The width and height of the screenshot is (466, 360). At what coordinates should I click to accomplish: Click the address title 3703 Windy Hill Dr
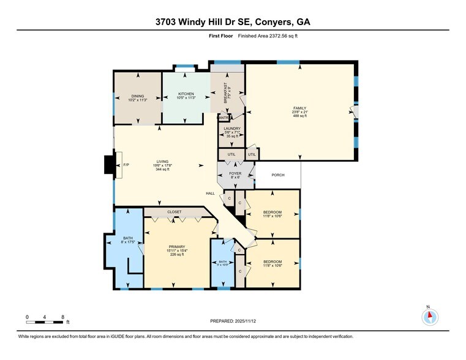coord(233,22)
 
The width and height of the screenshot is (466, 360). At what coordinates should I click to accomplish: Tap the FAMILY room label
coord(300,108)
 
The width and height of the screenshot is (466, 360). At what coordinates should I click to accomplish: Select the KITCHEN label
coord(186,94)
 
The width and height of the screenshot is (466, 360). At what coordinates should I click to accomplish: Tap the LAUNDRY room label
coord(231,129)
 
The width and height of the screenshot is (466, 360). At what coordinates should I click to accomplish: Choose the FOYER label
coord(235,173)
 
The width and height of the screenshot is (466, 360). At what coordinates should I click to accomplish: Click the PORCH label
coord(278,174)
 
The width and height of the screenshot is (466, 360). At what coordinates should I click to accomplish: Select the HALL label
coord(209,193)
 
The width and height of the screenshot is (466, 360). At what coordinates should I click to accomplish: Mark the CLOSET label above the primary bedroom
coord(175,212)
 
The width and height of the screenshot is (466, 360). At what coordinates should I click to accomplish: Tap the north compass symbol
coord(430,316)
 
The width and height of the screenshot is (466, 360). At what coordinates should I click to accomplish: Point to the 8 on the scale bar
coord(63,317)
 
